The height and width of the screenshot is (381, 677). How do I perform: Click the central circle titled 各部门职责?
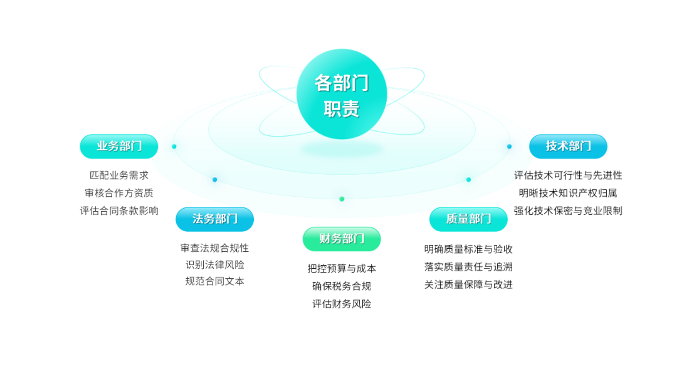point(342,95)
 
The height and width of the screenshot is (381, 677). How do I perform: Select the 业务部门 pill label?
point(119,146)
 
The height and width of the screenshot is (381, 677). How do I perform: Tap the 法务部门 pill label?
point(215,219)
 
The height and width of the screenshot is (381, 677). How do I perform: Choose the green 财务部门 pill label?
point(342,239)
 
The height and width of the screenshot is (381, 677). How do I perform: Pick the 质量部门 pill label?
point(468,219)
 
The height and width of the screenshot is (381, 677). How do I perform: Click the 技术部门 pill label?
point(568,146)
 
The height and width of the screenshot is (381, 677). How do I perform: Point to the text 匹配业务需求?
point(119,175)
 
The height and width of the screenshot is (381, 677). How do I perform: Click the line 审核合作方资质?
point(119,193)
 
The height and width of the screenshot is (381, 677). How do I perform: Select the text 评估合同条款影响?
point(119,211)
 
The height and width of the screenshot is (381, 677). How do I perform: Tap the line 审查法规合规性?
point(215,248)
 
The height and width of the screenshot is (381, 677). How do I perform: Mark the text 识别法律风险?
point(215,264)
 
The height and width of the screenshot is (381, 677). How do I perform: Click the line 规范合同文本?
point(215,281)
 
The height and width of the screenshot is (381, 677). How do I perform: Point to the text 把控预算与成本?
point(342,268)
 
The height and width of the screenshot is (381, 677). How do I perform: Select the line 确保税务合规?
point(342,286)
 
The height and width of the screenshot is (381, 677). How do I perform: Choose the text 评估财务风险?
point(342,304)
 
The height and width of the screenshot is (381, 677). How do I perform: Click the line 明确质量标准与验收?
point(468,249)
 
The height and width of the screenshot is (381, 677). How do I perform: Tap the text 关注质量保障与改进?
point(468,284)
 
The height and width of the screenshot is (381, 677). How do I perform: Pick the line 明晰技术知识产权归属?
point(568,193)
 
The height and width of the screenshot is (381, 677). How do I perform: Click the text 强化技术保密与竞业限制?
point(568,211)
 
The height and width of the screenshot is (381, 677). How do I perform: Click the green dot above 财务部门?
point(342,199)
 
